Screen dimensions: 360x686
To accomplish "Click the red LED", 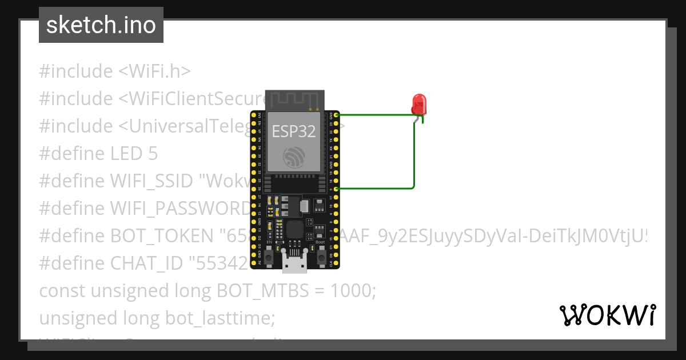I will pos(419,105).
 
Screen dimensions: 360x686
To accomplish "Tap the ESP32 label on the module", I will pos(293,131).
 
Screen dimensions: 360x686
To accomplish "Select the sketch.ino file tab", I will pos(101,25).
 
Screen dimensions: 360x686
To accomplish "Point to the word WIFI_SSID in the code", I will pos(151,181).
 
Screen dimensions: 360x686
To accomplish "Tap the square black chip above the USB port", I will pos(294,230).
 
